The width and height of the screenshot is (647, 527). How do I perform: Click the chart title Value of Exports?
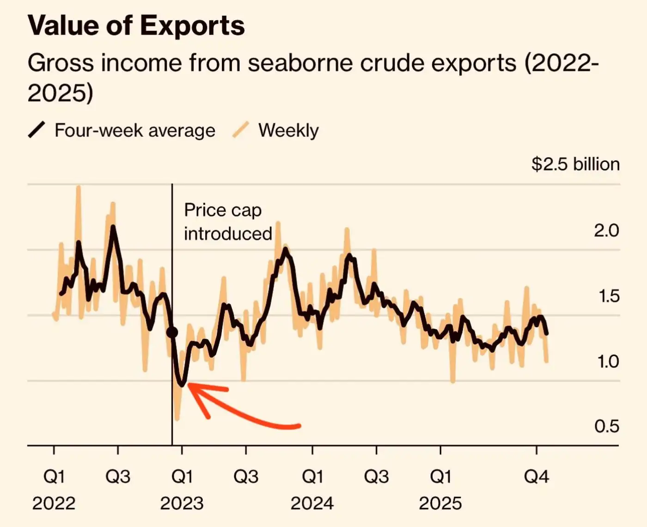coord(136,25)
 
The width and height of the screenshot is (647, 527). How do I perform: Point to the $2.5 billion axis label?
coord(575,164)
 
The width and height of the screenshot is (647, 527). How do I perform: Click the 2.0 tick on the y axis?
coord(606,230)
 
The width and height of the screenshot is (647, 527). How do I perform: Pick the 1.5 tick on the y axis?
coord(609,296)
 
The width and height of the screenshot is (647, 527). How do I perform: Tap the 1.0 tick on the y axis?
coord(608,361)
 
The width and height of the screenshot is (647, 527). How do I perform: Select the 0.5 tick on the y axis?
coord(606,426)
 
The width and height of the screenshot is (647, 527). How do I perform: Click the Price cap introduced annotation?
coord(227,222)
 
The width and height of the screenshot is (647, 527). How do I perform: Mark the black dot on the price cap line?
coord(172,332)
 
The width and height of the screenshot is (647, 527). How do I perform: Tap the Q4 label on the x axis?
coord(536,476)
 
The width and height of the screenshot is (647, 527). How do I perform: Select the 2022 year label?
coord(54,503)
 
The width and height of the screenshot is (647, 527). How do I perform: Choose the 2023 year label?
coord(182,503)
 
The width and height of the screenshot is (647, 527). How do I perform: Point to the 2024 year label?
coord(312,503)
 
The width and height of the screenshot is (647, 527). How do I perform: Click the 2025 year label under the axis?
coord(440,503)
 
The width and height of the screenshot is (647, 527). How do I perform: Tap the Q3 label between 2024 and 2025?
coord(376,476)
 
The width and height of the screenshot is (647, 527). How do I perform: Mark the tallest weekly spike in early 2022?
coord(79,187)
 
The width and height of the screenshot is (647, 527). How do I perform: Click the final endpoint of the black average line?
coord(547,333)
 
